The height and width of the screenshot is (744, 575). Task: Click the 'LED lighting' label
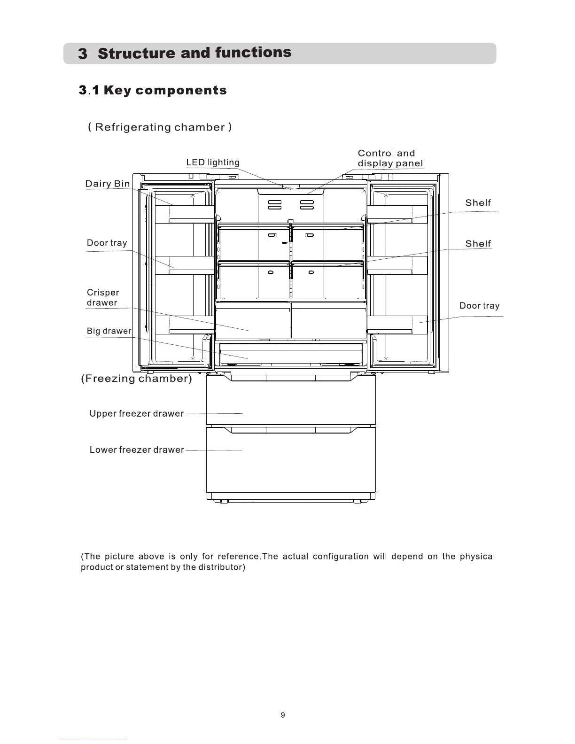(213, 163)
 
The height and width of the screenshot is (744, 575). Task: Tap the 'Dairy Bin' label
(108, 184)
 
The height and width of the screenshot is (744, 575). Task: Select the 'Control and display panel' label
(390, 158)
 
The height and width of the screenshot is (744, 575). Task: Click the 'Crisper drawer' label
(103, 298)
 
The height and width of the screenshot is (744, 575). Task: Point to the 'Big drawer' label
(109, 331)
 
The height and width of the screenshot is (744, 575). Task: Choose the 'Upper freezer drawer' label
(136, 414)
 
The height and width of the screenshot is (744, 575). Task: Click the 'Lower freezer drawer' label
(137, 450)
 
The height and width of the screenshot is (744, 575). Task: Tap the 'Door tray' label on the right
(479, 306)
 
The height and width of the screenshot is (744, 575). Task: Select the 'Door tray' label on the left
(107, 243)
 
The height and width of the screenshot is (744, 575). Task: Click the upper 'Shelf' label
(478, 203)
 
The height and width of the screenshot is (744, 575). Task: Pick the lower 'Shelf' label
(478, 244)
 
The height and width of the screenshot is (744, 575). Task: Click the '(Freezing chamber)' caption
(136, 379)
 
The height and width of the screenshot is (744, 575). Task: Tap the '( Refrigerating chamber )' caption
(160, 127)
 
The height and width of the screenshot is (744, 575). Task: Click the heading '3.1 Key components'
(153, 90)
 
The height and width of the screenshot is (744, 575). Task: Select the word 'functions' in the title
(253, 52)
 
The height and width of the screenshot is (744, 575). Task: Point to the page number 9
(283, 715)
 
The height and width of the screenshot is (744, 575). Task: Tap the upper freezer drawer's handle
(291, 378)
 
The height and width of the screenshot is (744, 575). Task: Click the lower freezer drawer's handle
(291, 430)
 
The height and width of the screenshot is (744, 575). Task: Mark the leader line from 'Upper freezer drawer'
(215, 414)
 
